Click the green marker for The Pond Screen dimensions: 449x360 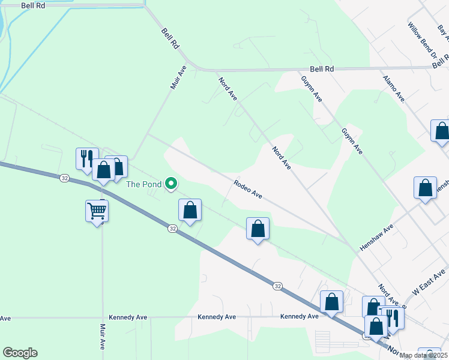tap(171, 184)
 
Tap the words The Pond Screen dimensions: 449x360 tap(143, 184)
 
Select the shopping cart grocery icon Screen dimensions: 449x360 tap(97, 211)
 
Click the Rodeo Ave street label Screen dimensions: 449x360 tap(248, 188)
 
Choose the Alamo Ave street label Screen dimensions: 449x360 tap(394, 88)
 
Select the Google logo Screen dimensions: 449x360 tap(20, 353)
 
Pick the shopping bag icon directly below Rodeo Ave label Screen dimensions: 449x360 tap(258, 229)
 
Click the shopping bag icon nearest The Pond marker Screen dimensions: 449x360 tap(190, 211)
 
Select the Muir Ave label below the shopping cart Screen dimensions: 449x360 tap(102, 336)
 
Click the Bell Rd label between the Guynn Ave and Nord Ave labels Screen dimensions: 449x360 tap(322, 69)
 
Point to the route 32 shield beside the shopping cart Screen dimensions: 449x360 tap(65, 178)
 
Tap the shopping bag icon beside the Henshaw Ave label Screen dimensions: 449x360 tap(425, 188)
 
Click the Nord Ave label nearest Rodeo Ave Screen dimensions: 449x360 tap(281, 158)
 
